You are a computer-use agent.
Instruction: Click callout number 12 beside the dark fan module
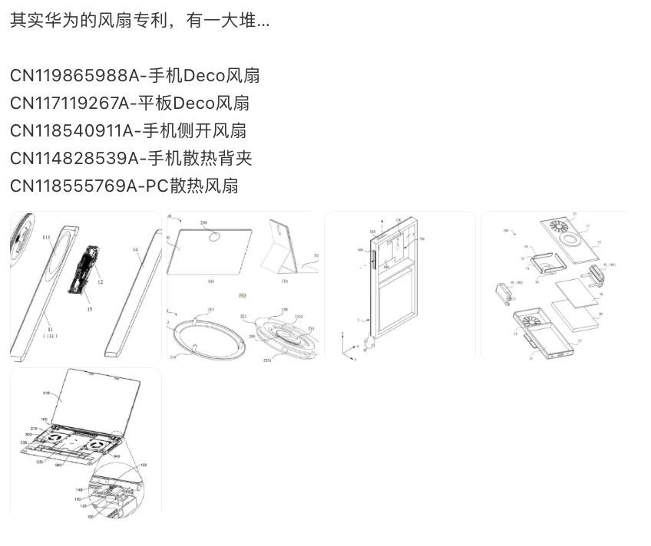click(x=100, y=283)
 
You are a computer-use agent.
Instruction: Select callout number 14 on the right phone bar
click(x=135, y=249)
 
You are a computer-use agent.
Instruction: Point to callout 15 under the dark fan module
click(x=90, y=309)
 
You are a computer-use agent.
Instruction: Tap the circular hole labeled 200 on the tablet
click(x=209, y=232)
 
